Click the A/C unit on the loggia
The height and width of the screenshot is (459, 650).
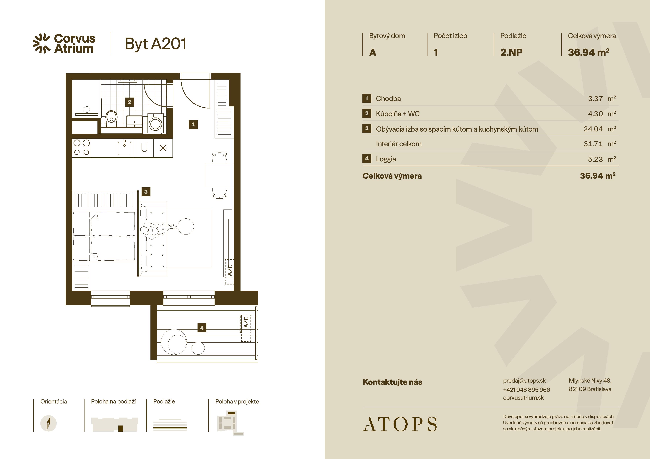tap(246, 328)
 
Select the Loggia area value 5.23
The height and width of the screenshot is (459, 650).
tap(595, 159)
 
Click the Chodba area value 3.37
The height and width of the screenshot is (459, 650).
tap(595, 99)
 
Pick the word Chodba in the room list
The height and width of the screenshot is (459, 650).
tap(388, 99)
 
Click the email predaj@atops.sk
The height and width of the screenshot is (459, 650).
tap(524, 381)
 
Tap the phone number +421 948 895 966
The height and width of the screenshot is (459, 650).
tap(526, 389)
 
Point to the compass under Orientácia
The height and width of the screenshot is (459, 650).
tap(48, 423)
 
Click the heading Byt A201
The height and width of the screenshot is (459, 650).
tap(155, 44)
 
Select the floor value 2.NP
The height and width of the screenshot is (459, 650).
tap(511, 52)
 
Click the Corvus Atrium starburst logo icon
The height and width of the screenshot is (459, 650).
tap(42, 43)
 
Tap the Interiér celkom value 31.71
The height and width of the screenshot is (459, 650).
tap(593, 144)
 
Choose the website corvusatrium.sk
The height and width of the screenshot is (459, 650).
tap(523, 398)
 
